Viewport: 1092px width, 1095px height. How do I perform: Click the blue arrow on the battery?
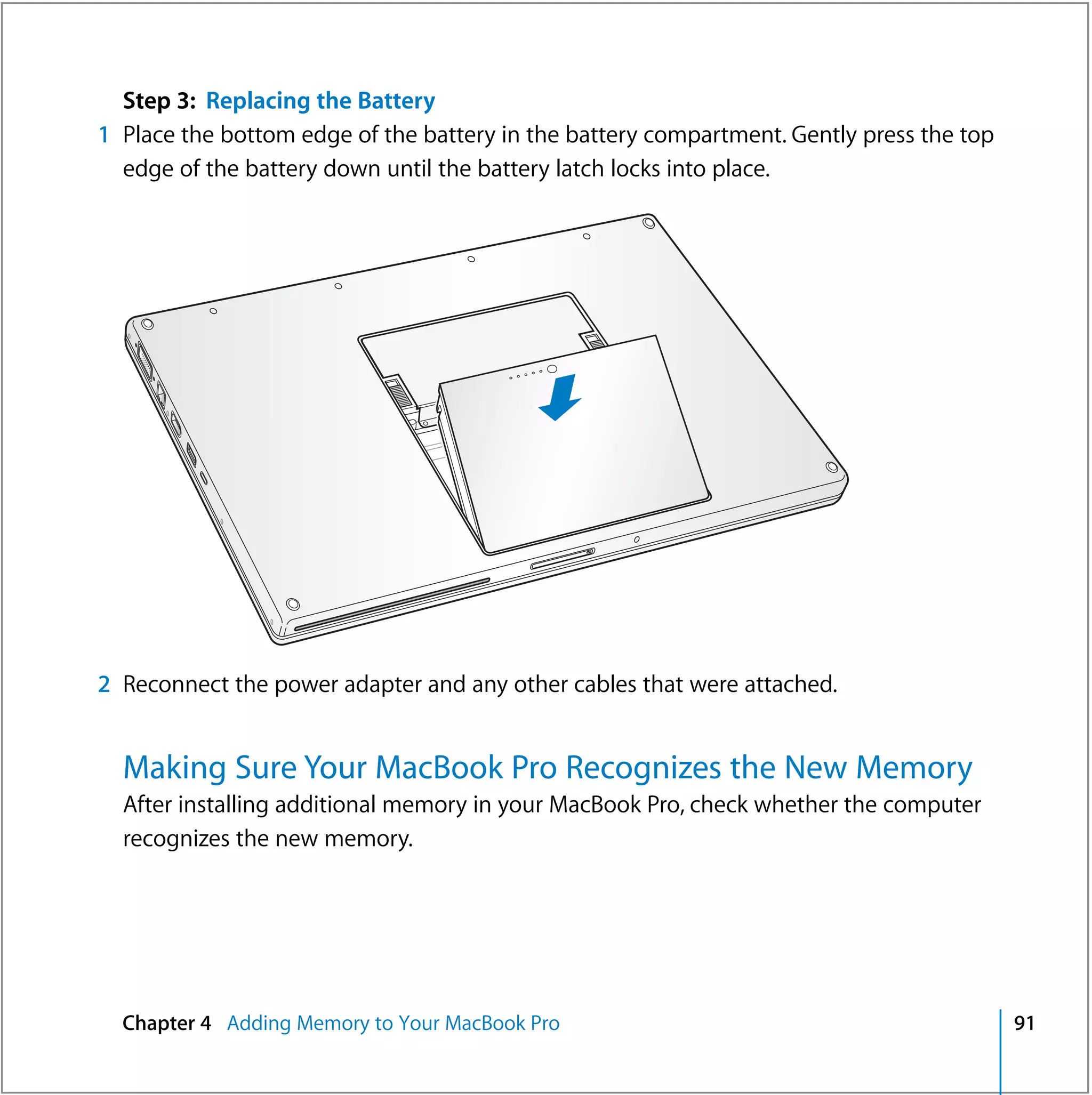tap(560, 398)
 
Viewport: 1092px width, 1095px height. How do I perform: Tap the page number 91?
tap(1024, 1023)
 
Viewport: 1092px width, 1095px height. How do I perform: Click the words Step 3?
tap(159, 101)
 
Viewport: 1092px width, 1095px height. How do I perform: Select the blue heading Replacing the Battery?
tap(320, 101)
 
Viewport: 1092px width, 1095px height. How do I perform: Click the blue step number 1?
tap(104, 135)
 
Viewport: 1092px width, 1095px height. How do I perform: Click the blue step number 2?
tap(104, 684)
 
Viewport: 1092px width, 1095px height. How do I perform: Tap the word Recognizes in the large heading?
tap(644, 768)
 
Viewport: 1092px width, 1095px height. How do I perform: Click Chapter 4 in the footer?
tap(167, 1023)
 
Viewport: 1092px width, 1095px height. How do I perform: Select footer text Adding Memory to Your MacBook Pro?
tap(393, 1023)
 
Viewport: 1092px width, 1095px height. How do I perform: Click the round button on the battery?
tap(552, 369)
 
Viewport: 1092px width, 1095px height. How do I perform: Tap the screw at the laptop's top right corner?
tap(648, 223)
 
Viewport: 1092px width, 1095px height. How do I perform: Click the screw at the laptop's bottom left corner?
tap(293, 603)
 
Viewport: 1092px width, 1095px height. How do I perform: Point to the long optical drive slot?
tap(391, 604)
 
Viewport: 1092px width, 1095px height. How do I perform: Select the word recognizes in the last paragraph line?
tap(176, 839)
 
